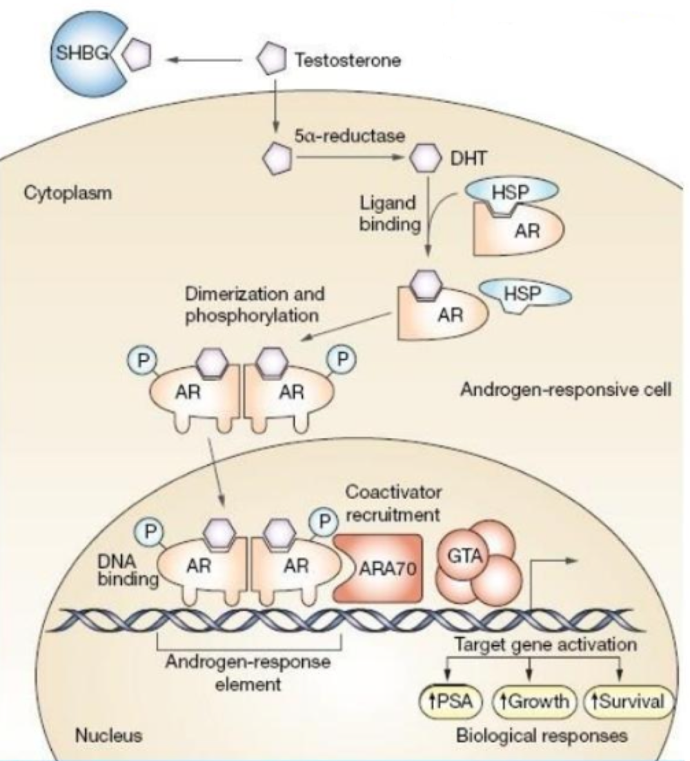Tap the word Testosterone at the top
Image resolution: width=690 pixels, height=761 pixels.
(x=347, y=59)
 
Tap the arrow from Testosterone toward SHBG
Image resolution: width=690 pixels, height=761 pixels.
(x=207, y=61)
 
